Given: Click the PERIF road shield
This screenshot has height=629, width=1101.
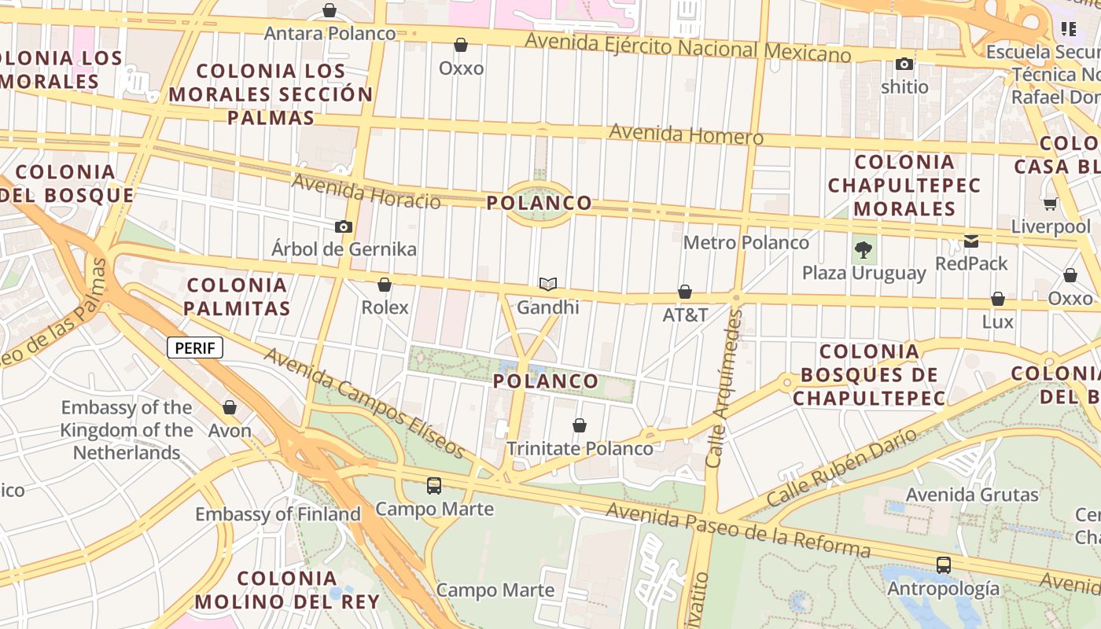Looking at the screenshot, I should point(195,348).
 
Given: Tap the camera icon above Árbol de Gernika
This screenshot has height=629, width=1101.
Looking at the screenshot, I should point(344,227).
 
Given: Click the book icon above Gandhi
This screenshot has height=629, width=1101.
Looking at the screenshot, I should point(548,284).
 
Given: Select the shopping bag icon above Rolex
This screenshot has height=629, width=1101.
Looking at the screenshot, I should point(385,285).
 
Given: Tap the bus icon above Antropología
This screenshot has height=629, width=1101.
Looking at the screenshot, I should point(943,565).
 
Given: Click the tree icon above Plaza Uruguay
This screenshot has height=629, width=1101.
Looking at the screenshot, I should point(863,251).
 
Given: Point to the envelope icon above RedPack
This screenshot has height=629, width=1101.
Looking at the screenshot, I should point(972,241).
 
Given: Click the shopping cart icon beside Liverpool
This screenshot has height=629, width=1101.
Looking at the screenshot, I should point(1050,204).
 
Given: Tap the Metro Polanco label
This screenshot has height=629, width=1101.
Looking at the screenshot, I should point(746,242).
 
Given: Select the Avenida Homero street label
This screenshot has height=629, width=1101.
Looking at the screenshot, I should point(686,134).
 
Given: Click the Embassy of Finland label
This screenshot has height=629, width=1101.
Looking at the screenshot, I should point(278,514).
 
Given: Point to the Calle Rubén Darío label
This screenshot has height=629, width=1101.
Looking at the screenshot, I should point(841,467).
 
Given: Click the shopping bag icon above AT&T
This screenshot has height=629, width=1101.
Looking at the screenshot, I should point(685,292).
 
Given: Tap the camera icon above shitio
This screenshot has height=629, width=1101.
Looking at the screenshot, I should point(904,64).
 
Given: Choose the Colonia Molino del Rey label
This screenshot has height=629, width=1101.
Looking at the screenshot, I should point(287,590).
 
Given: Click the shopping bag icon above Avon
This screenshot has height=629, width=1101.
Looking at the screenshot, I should point(230,407).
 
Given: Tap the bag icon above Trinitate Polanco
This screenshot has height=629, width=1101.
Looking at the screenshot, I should point(580,425).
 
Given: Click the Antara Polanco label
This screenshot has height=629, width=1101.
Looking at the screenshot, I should point(330,34).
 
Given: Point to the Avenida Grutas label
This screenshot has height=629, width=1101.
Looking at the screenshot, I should point(972,495).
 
